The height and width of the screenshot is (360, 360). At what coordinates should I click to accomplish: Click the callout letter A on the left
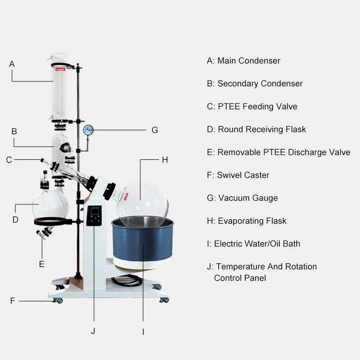point(12,64)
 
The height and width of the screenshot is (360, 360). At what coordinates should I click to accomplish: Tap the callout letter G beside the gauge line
point(154,130)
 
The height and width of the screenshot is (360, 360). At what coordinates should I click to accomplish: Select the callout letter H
point(165,160)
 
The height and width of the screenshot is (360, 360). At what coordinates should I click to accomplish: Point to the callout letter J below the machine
point(93,331)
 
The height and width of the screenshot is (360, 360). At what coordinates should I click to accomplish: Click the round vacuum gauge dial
point(88,130)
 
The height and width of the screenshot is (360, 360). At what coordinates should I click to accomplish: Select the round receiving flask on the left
point(50,203)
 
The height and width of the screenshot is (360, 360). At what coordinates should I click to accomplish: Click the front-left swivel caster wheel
point(58,300)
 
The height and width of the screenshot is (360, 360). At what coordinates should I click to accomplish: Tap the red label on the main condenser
point(60,70)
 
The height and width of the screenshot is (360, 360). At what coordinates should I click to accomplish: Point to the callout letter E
point(41,264)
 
